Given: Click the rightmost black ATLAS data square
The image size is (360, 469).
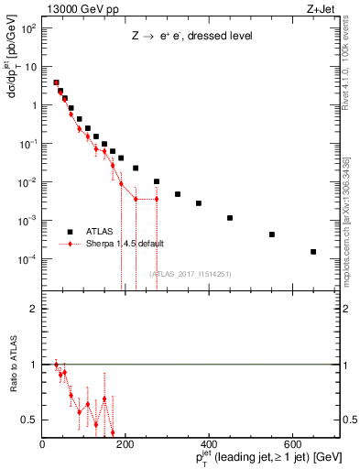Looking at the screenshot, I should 313,252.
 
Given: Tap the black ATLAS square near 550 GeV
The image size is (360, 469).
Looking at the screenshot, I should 272,234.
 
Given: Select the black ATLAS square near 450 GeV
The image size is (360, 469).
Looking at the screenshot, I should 230,218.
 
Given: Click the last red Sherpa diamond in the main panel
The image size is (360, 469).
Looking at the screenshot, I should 157,199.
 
